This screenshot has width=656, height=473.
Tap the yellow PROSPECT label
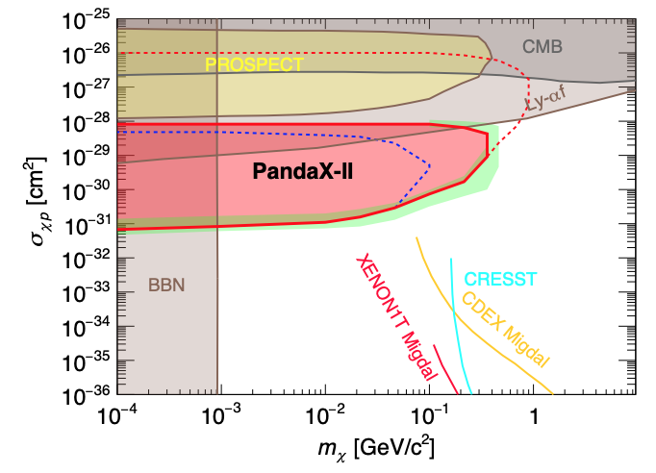tap(254, 64)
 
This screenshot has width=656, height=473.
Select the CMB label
tap(542, 45)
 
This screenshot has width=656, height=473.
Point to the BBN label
tap(165, 285)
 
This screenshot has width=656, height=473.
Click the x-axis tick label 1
tap(533, 417)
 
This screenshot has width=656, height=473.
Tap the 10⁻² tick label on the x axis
tap(324, 415)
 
